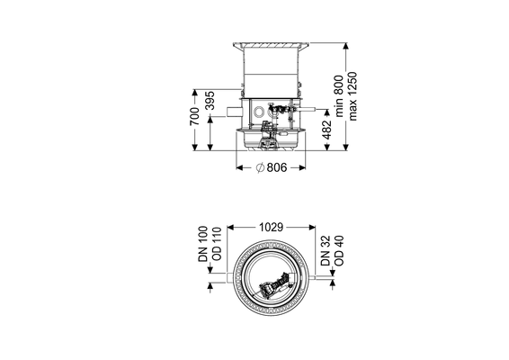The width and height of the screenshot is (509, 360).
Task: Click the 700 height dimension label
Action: click(x=195, y=116)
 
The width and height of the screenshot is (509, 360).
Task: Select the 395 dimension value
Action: click(x=210, y=101)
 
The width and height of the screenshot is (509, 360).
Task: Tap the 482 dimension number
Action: click(x=327, y=130)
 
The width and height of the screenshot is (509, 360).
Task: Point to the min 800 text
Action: click(x=338, y=96)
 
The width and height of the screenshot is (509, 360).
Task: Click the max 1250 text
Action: click(x=353, y=96)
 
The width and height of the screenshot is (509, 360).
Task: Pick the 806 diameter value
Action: click(x=277, y=167)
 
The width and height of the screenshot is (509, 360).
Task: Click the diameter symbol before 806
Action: click(x=260, y=167)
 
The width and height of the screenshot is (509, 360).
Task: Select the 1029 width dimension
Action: click(x=271, y=228)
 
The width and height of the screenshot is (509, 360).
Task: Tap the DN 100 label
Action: click(x=203, y=244)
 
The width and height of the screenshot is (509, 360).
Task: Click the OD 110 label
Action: click(x=217, y=244)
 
